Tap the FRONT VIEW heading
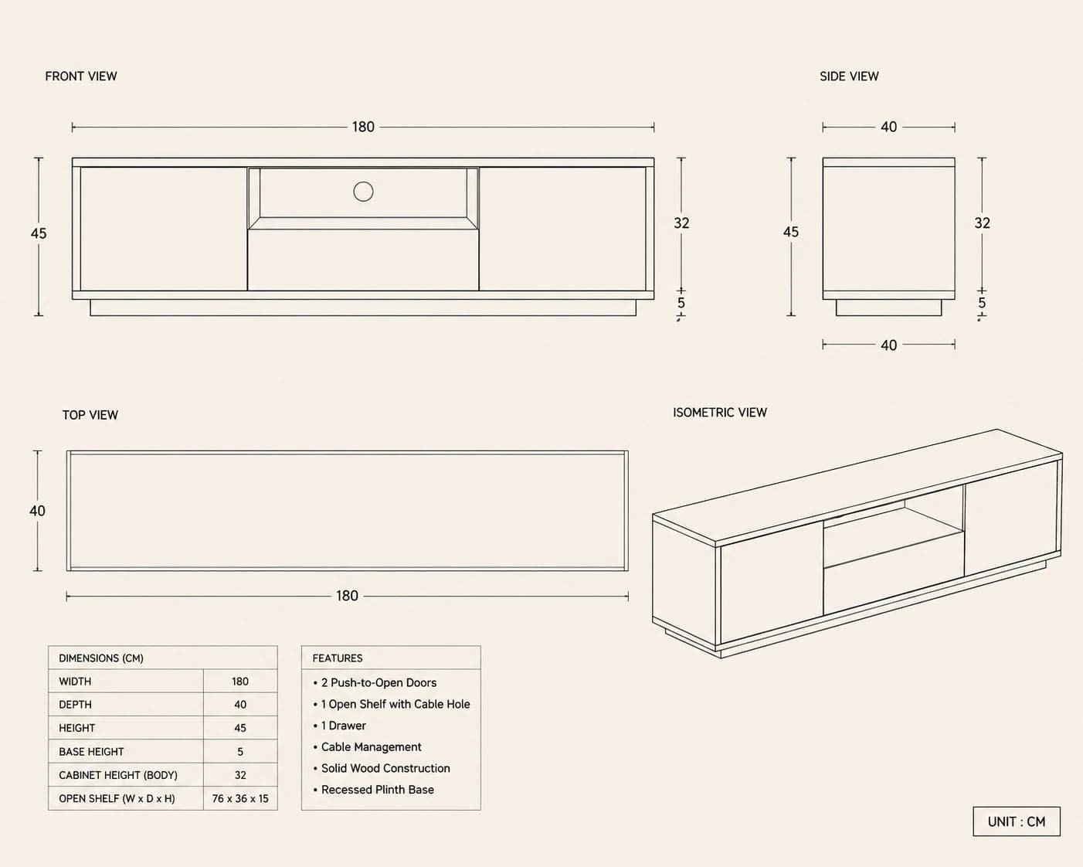(81, 76)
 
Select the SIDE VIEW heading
(849, 76)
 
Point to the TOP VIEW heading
(90, 415)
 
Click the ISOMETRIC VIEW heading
(720, 413)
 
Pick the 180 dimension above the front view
(363, 127)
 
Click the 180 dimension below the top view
(348, 596)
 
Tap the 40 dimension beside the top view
(37, 511)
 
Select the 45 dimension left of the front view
(39, 233)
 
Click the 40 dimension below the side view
(889, 345)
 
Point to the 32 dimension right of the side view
(983, 223)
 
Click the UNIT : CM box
(1017, 821)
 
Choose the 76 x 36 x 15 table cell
(240, 798)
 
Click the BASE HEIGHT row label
(91, 752)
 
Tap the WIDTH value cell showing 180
(240, 682)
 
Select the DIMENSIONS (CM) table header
(101, 658)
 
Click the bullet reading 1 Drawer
(340, 726)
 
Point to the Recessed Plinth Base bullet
(373, 790)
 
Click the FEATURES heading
(337, 658)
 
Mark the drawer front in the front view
(363, 260)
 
